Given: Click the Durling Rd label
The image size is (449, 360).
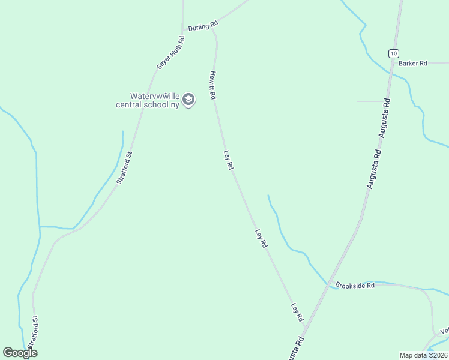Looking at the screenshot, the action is point(202,26).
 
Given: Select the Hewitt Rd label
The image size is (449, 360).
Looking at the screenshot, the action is point(212,86).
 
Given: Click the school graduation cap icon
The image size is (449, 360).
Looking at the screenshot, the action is point(188,100).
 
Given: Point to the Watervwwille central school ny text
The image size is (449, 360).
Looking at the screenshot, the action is point(148,100).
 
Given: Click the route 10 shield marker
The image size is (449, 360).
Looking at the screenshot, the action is point(393,53).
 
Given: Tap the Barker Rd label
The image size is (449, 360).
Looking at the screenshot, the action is point(412,63).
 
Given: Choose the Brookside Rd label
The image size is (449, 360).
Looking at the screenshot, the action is point(355,286).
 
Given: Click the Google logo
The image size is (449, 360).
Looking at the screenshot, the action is point(20,353).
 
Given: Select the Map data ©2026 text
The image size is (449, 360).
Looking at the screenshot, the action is point(423,355).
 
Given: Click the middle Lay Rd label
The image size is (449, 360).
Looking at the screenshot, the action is point(261,239).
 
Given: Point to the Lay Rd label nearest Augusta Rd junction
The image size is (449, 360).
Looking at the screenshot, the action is point(297,312).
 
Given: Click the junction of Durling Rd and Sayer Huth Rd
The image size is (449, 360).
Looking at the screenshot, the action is point(183,29).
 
